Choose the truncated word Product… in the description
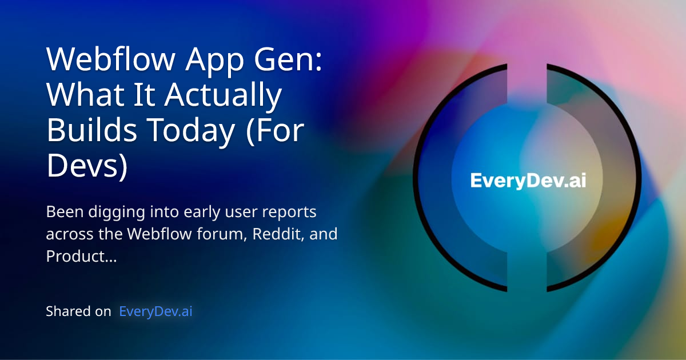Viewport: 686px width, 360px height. tap(81, 257)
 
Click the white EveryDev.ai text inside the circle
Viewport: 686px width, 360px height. tap(528, 181)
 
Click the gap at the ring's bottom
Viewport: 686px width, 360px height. tap(527, 289)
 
